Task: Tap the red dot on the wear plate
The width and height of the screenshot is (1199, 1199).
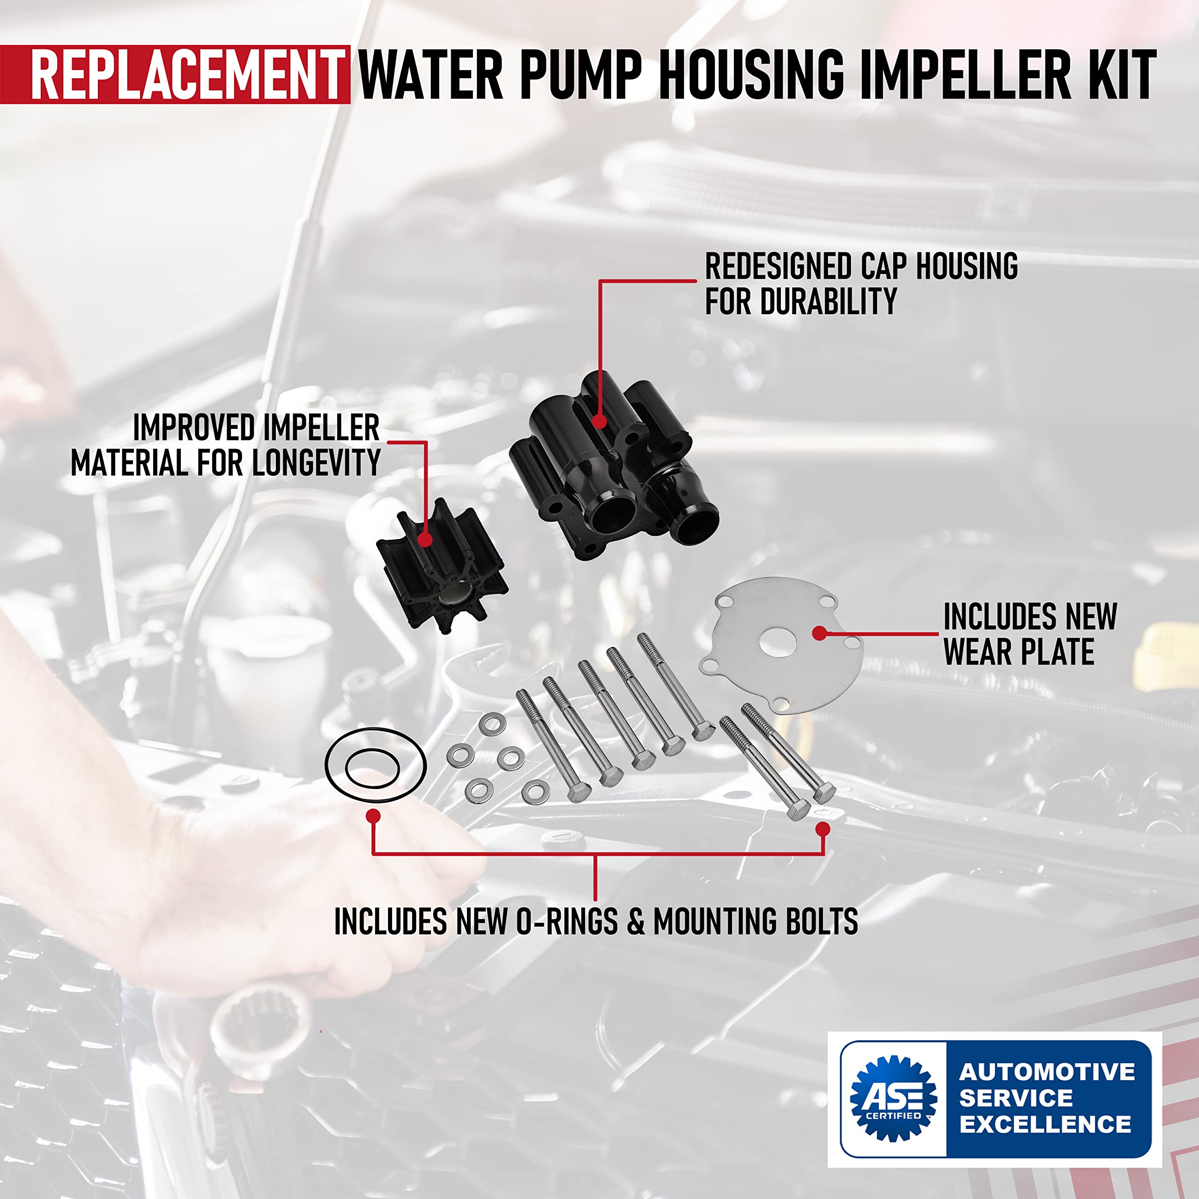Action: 819,634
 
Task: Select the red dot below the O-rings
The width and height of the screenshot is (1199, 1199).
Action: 372,816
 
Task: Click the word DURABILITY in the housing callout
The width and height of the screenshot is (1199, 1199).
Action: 829,302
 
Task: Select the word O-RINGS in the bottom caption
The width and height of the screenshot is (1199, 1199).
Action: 567,922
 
